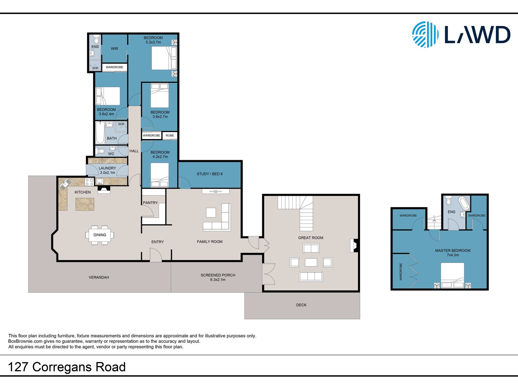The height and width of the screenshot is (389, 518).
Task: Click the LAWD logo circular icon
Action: pyautogui.click(x=425, y=34)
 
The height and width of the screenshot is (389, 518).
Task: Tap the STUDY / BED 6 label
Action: pyautogui.click(x=209, y=174)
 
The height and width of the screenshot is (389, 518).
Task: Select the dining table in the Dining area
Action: pyautogui.click(x=100, y=235)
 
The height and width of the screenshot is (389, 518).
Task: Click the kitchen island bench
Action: pyautogui.click(x=85, y=204)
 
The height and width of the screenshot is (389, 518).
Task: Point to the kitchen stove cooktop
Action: pyautogui.click(x=89, y=182)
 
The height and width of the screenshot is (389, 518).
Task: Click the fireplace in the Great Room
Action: pyautogui.click(x=355, y=246)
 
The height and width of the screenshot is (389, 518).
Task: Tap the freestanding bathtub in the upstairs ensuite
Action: pyautogui.click(x=464, y=203)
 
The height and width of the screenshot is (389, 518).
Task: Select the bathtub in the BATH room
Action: pyautogui.click(x=100, y=133)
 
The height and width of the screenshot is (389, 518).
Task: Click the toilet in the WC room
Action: pyautogui.click(x=101, y=151)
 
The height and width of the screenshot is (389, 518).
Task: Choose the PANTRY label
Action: pyautogui.click(x=150, y=203)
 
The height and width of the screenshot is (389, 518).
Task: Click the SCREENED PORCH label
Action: pyautogui.click(x=218, y=275)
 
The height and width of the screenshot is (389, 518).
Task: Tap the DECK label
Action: pyautogui.click(x=301, y=305)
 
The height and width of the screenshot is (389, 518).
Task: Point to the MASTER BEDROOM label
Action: pyautogui.click(x=453, y=251)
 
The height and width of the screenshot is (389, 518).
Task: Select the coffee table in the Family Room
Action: pyautogui.click(x=211, y=213)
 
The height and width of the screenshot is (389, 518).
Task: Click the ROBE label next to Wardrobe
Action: pyautogui.click(x=170, y=135)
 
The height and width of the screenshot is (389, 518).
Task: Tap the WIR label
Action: pyautogui.click(x=115, y=49)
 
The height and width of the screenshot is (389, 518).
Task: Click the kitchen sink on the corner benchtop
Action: pyautogui.click(x=65, y=184)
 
